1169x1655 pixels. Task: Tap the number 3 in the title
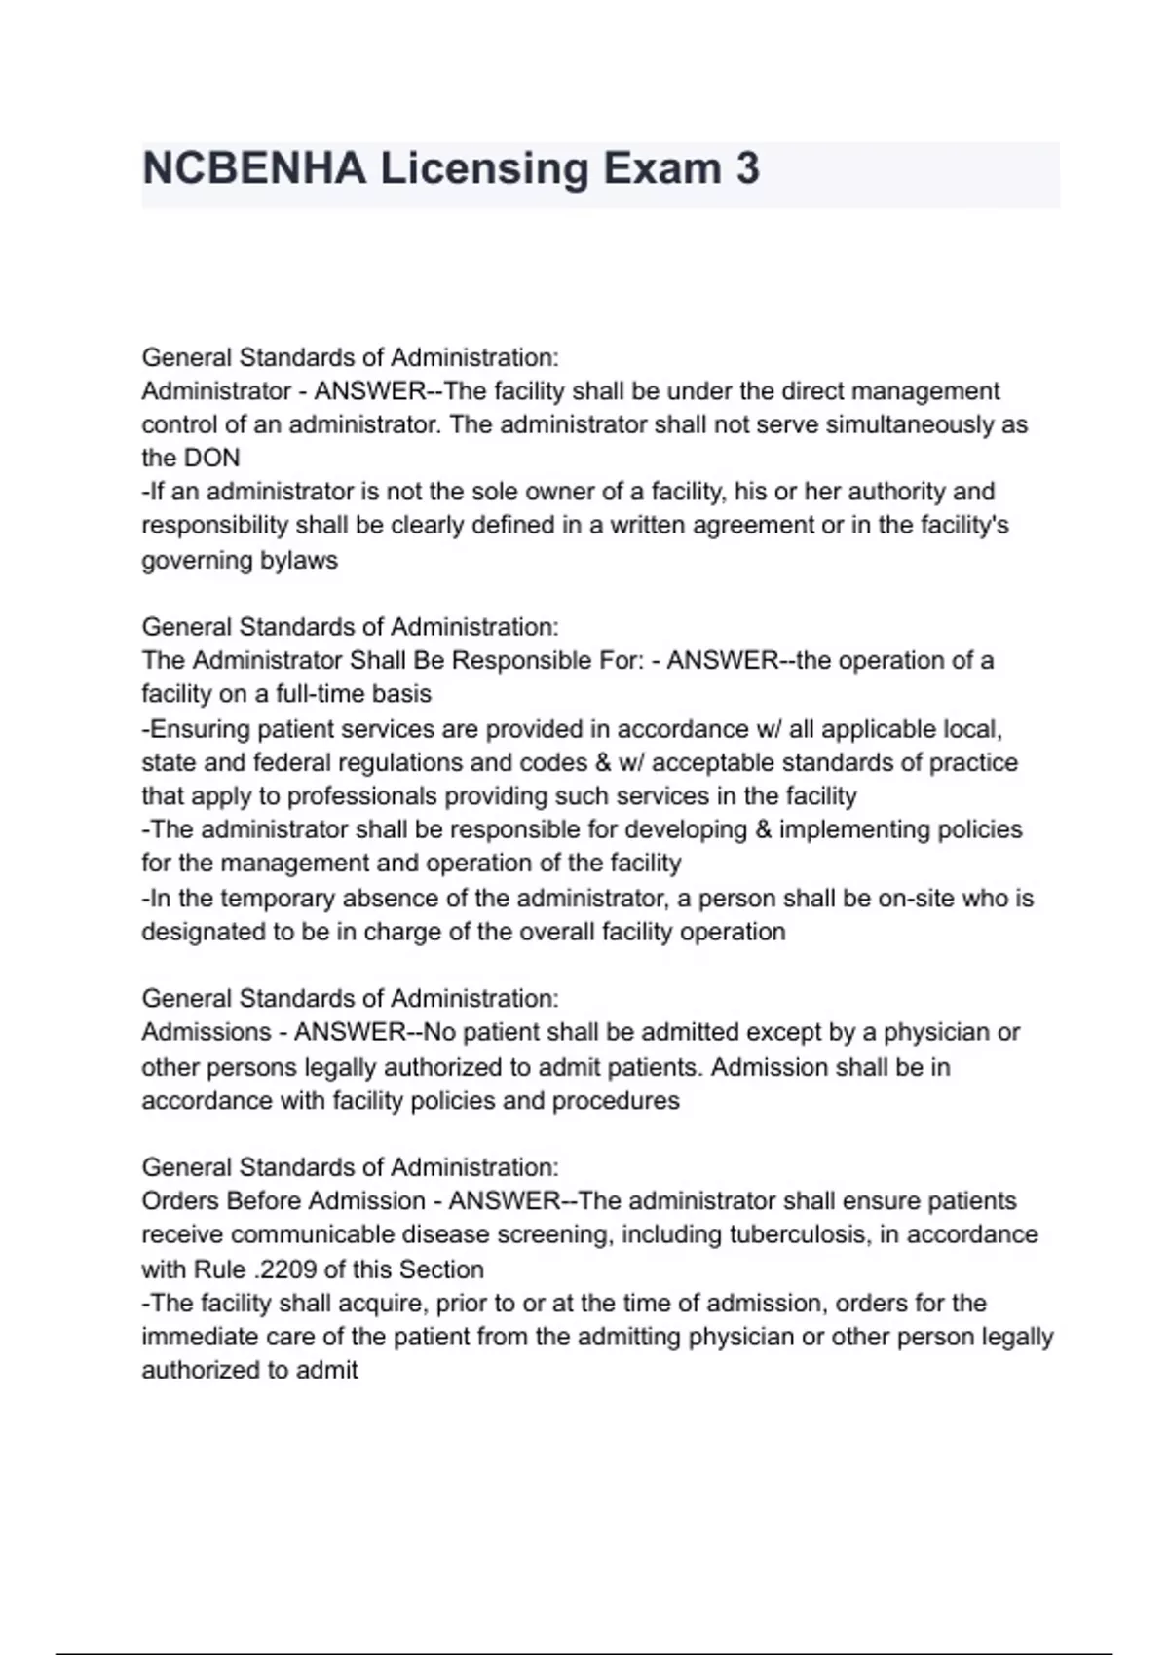pos(747,168)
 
